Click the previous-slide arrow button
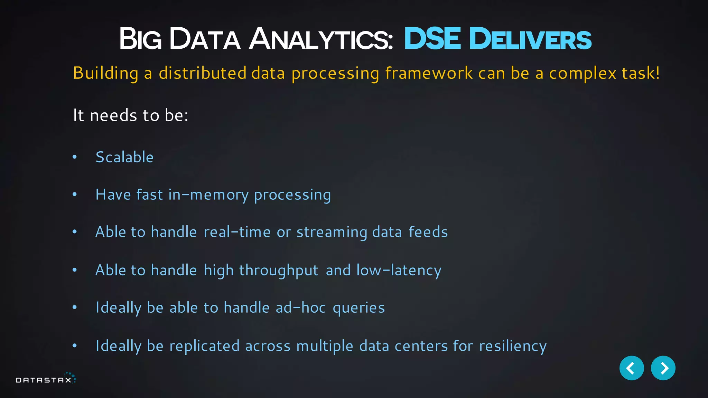[x=631, y=368]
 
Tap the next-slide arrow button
[x=663, y=368]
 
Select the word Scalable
[x=124, y=157]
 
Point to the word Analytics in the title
[x=321, y=39]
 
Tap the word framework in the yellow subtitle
[x=429, y=73]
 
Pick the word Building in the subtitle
[x=106, y=73]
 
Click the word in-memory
[x=208, y=195]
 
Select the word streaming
[x=332, y=232]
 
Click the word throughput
[x=279, y=271]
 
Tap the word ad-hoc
[x=301, y=307]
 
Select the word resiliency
[x=513, y=346]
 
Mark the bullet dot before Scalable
[x=75, y=157]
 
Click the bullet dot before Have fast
[x=75, y=195]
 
